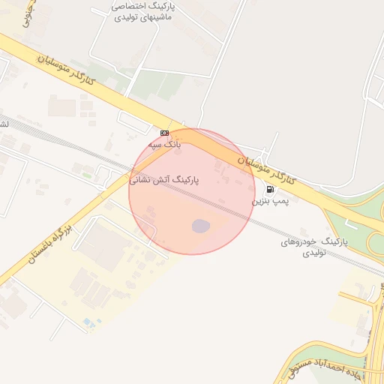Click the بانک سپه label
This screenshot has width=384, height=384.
coord(164,143)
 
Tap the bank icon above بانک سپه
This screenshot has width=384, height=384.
coord(164,133)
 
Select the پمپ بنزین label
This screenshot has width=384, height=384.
coord(268,202)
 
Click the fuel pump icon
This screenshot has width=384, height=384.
coord(269,189)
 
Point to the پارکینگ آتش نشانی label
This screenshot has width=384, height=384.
coord(164,180)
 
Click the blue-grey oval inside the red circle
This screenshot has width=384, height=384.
coord(201,225)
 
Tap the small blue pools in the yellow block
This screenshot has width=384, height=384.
coord(89,323)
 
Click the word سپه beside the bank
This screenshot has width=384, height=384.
coord(155,143)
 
